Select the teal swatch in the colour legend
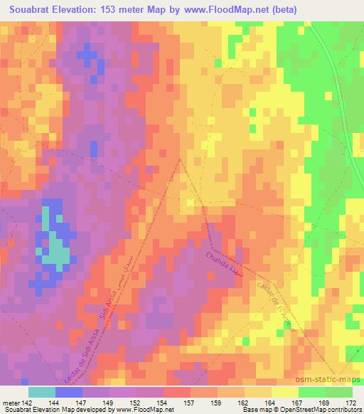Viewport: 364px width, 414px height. pos(42,392)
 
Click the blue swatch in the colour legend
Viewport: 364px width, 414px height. pos(69,392)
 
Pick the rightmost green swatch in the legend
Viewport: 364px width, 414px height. pos(338,392)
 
